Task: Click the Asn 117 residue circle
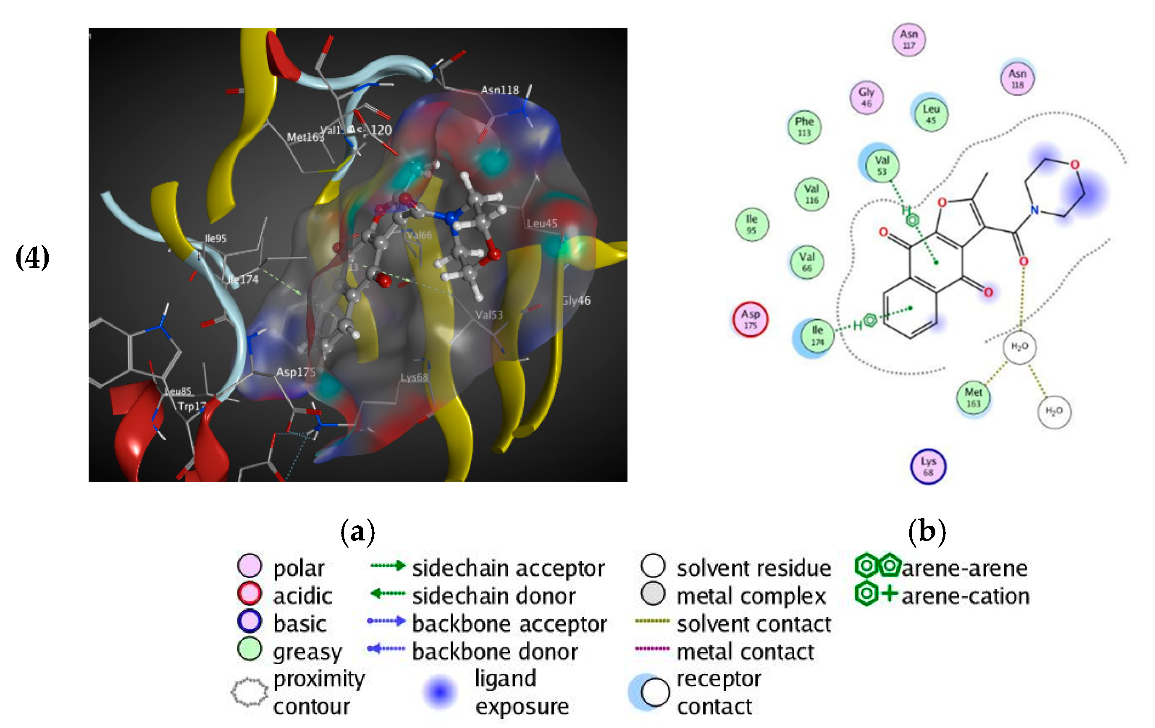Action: (x=908, y=40)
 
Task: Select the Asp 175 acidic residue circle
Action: (x=750, y=320)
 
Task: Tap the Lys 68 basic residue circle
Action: (x=928, y=466)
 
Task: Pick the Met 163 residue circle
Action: (x=973, y=398)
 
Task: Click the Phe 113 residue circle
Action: (x=804, y=127)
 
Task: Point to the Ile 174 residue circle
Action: (x=817, y=336)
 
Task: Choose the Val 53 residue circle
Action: (x=882, y=165)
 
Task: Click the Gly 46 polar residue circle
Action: (x=866, y=97)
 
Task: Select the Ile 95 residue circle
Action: (x=752, y=225)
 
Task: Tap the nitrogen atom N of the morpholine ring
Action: (x=1034, y=210)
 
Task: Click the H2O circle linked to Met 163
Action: (x=1019, y=347)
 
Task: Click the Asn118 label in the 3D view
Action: (x=500, y=90)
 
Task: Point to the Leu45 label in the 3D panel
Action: (x=542, y=223)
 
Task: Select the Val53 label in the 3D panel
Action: (x=489, y=315)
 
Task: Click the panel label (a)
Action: (x=357, y=532)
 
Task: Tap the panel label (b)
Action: (x=927, y=532)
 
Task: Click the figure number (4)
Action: (x=32, y=257)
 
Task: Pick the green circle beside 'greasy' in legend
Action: (x=249, y=650)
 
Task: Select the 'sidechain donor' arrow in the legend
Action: (x=388, y=594)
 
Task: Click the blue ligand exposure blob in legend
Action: (x=440, y=691)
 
